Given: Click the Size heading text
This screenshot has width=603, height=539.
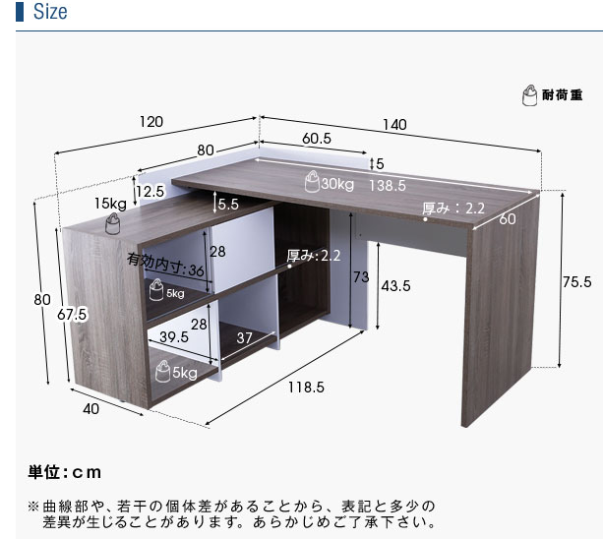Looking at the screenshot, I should click(x=49, y=13).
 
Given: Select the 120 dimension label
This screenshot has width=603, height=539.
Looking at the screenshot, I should click(x=151, y=122).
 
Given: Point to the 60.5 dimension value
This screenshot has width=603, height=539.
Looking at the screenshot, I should click(x=316, y=139).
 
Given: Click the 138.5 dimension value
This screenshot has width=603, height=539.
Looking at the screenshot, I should click(x=389, y=184).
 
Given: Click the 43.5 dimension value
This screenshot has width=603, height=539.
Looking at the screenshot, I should click(x=394, y=286).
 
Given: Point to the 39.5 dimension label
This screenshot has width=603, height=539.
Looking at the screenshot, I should click(x=174, y=337).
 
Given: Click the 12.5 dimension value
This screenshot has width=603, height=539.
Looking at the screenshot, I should click(x=150, y=191).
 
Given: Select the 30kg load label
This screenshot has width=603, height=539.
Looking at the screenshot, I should click(x=336, y=184).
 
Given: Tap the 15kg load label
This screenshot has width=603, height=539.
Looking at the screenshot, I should click(x=110, y=204).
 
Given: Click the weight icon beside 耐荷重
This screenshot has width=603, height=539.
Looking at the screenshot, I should click(x=528, y=95).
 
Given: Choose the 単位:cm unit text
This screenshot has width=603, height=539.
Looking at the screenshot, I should click(x=65, y=472).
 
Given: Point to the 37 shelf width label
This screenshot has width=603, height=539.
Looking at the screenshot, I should click(x=246, y=337).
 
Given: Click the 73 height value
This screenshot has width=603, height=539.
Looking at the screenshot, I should click(x=360, y=277).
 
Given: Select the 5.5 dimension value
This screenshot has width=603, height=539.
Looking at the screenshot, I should click(x=228, y=205).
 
